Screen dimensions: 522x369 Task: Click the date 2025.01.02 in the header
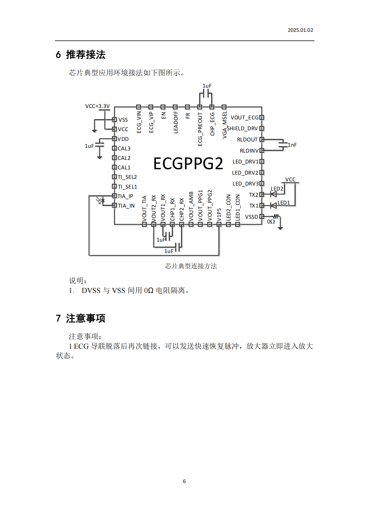(300, 30)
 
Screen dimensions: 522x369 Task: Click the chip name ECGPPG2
(188, 163)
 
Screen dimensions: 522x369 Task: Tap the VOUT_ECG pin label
(245, 118)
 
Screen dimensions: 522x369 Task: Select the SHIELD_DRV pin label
(242, 129)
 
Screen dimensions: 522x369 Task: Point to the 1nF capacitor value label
(292, 145)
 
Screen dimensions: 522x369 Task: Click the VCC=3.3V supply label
(97, 106)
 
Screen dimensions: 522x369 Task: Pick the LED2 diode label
(277, 189)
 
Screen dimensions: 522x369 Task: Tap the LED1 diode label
(284, 203)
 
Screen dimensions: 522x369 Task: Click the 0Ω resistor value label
(271, 222)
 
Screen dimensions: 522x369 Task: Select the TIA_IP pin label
(125, 196)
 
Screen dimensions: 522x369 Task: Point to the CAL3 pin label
(124, 149)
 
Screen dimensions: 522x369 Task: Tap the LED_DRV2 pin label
(245, 173)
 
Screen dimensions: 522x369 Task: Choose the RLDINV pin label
(249, 151)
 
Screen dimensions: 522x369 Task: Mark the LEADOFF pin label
(176, 122)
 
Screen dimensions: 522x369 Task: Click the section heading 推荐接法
(86, 55)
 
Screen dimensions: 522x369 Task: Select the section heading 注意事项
(86, 318)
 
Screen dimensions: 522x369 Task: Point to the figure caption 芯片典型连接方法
(191, 266)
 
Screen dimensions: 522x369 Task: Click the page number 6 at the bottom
(184, 481)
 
